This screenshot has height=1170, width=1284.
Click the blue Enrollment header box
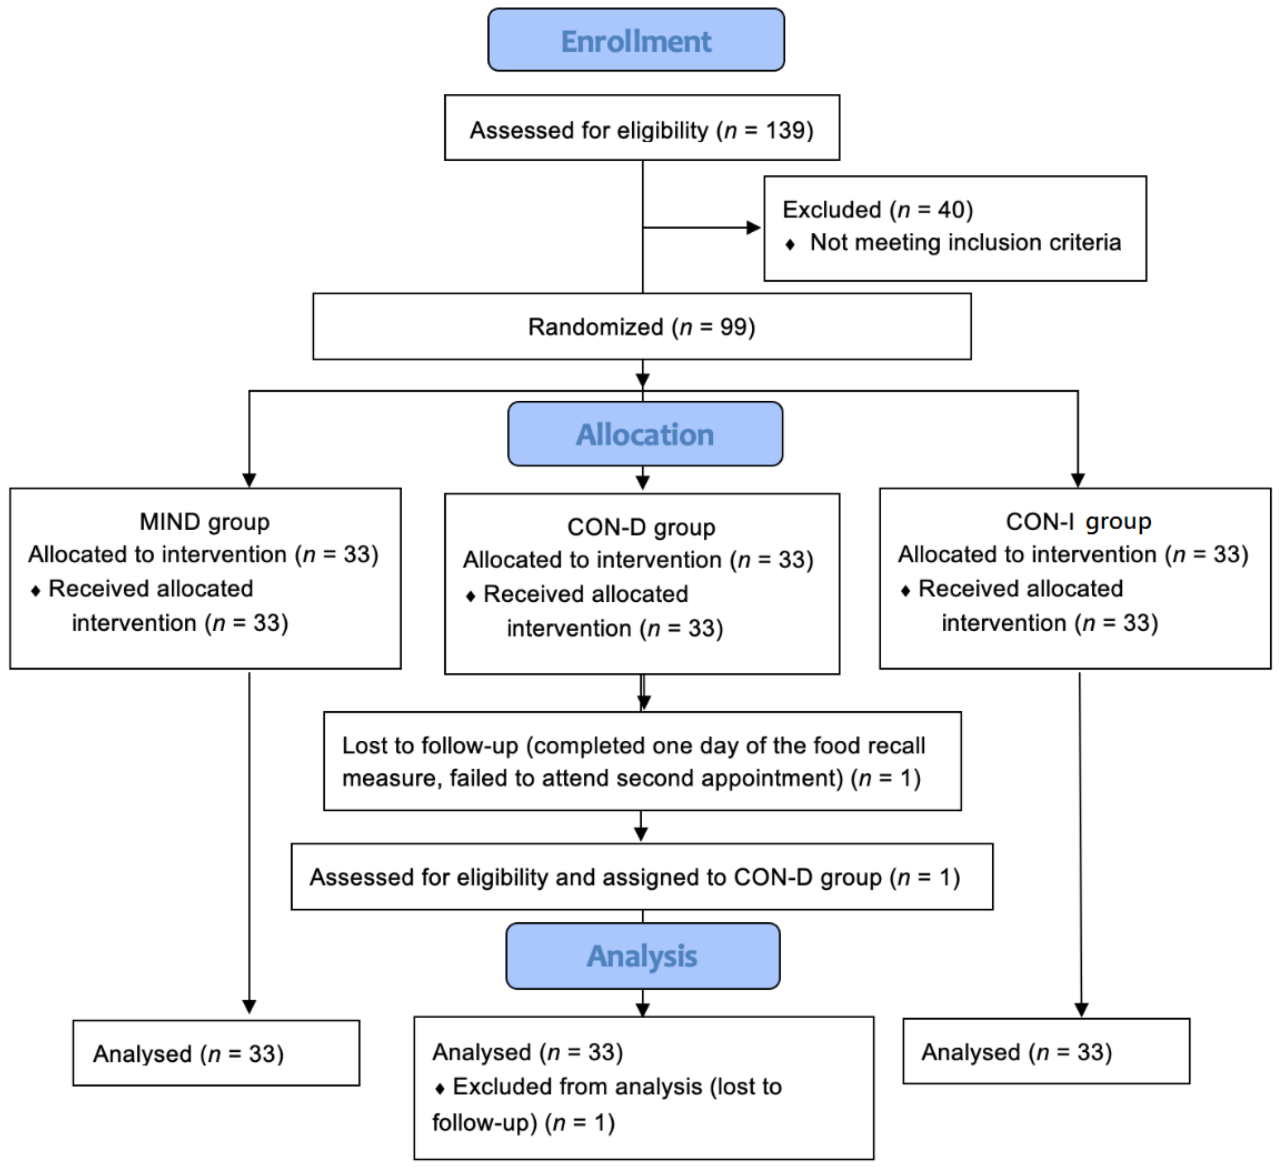click(636, 40)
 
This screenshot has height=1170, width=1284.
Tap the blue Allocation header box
click(645, 434)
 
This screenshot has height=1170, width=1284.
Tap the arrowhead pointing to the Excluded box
click(754, 228)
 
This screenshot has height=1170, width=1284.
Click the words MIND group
click(204, 522)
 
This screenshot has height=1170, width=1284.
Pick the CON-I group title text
click(1078, 522)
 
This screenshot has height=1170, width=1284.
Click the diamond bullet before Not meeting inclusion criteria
click(790, 245)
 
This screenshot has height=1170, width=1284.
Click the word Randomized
click(595, 327)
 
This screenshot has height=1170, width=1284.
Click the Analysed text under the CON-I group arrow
click(970, 1052)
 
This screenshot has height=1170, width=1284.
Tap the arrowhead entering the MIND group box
click(249, 479)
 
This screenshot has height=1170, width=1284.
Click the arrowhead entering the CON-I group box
click(1078, 479)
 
